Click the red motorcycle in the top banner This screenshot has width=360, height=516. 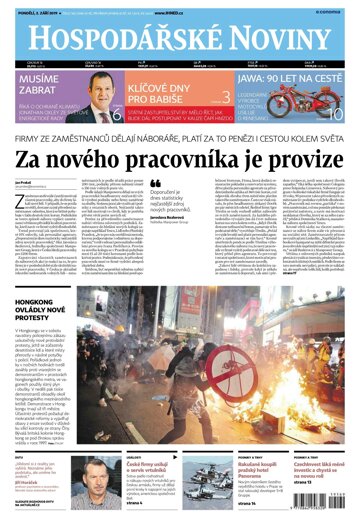[x=319, y=109]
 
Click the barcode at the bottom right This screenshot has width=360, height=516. [x=326, y=481]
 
